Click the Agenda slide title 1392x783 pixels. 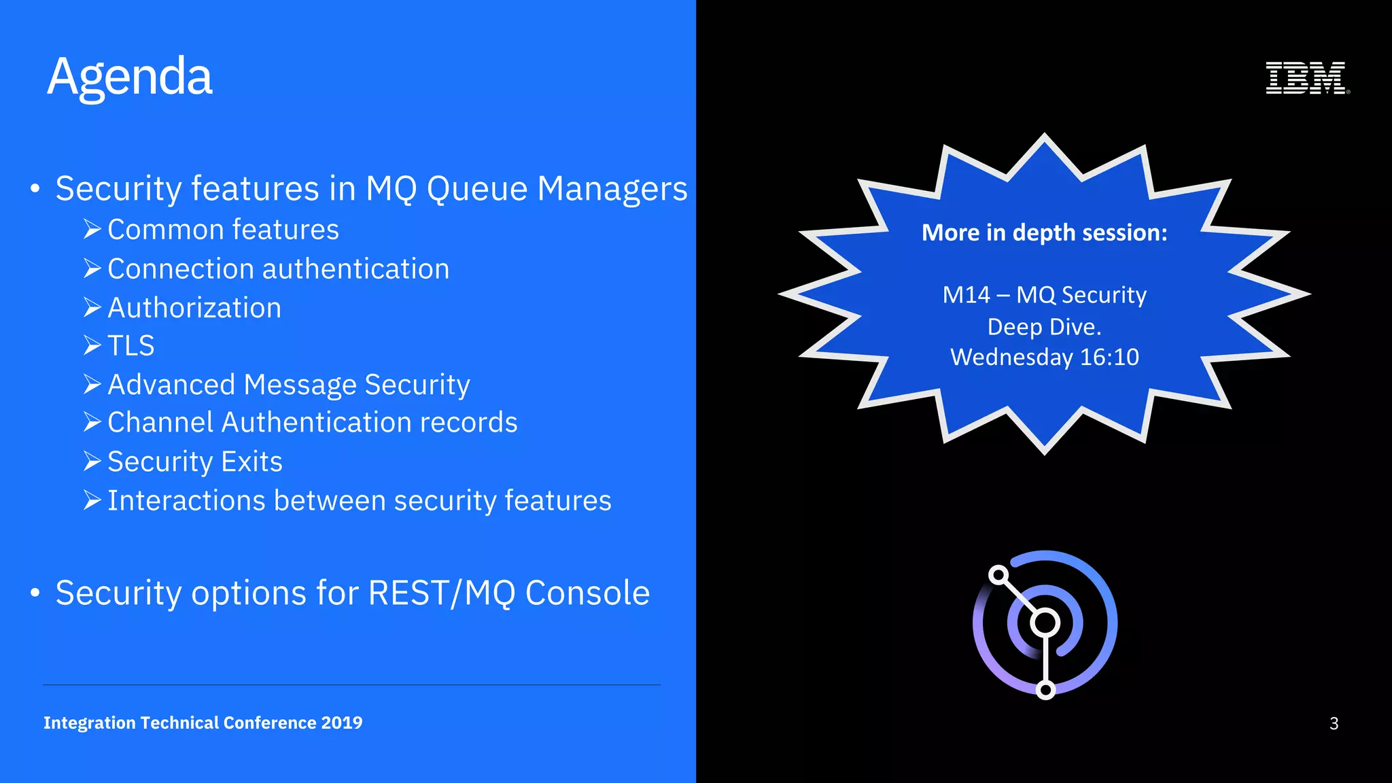[130, 76]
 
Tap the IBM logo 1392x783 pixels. [1306, 78]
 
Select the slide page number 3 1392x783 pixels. [1334, 724]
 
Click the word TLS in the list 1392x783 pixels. [131, 346]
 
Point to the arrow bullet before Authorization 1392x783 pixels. [92, 307]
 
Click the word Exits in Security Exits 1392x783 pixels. [251, 462]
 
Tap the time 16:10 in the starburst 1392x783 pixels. [1109, 358]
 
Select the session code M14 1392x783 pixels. [965, 296]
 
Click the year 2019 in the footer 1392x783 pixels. [342, 723]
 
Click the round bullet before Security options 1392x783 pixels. [35, 593]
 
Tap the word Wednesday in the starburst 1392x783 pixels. [1011, 358]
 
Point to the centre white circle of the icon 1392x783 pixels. [1045, 622]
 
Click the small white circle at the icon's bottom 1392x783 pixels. [1046, 690]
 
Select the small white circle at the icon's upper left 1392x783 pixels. [998, 575]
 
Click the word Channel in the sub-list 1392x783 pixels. [160, 423]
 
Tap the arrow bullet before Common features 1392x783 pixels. [92, 230]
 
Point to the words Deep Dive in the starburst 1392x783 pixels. [1044, 327]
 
